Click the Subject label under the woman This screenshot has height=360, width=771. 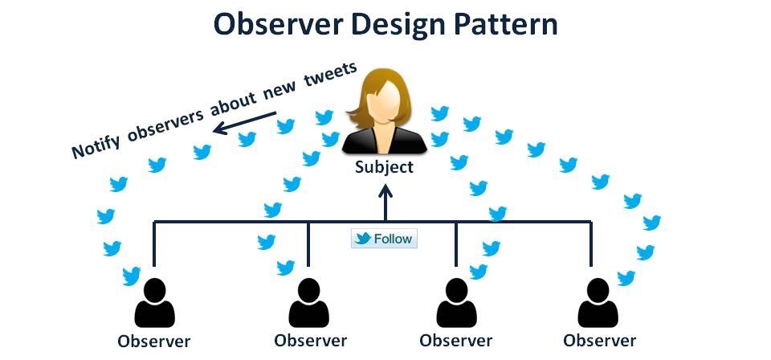[385, 167]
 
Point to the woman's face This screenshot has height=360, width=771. [385, 104]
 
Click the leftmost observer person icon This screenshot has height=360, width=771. [154, 305]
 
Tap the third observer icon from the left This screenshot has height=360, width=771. [455, 305]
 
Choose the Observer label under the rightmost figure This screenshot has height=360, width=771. [599, 341]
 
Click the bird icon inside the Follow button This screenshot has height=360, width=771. [363, 239]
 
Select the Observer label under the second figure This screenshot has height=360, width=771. [310, 341]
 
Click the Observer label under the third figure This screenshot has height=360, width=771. [455, 341]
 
